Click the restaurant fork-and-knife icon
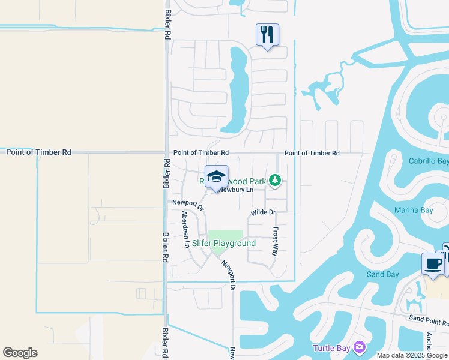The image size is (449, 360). click(267, 35)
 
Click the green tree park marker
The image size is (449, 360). click(274, 179)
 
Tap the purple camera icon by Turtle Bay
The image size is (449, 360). click(359, 347)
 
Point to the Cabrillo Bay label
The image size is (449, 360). click(429, 161)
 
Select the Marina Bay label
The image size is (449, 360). click(414, 210)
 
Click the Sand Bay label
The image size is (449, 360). click(383, 274)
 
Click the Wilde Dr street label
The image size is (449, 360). click(263, 212)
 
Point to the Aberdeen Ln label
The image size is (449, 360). click(185, 230)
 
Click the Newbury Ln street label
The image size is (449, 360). click(236, 190)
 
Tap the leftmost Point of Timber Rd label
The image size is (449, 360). click(38, 152)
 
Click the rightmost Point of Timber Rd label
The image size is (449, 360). click(312, 153)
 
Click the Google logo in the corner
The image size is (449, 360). click(20, 353)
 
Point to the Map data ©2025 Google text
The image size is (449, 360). click(412, 355)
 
